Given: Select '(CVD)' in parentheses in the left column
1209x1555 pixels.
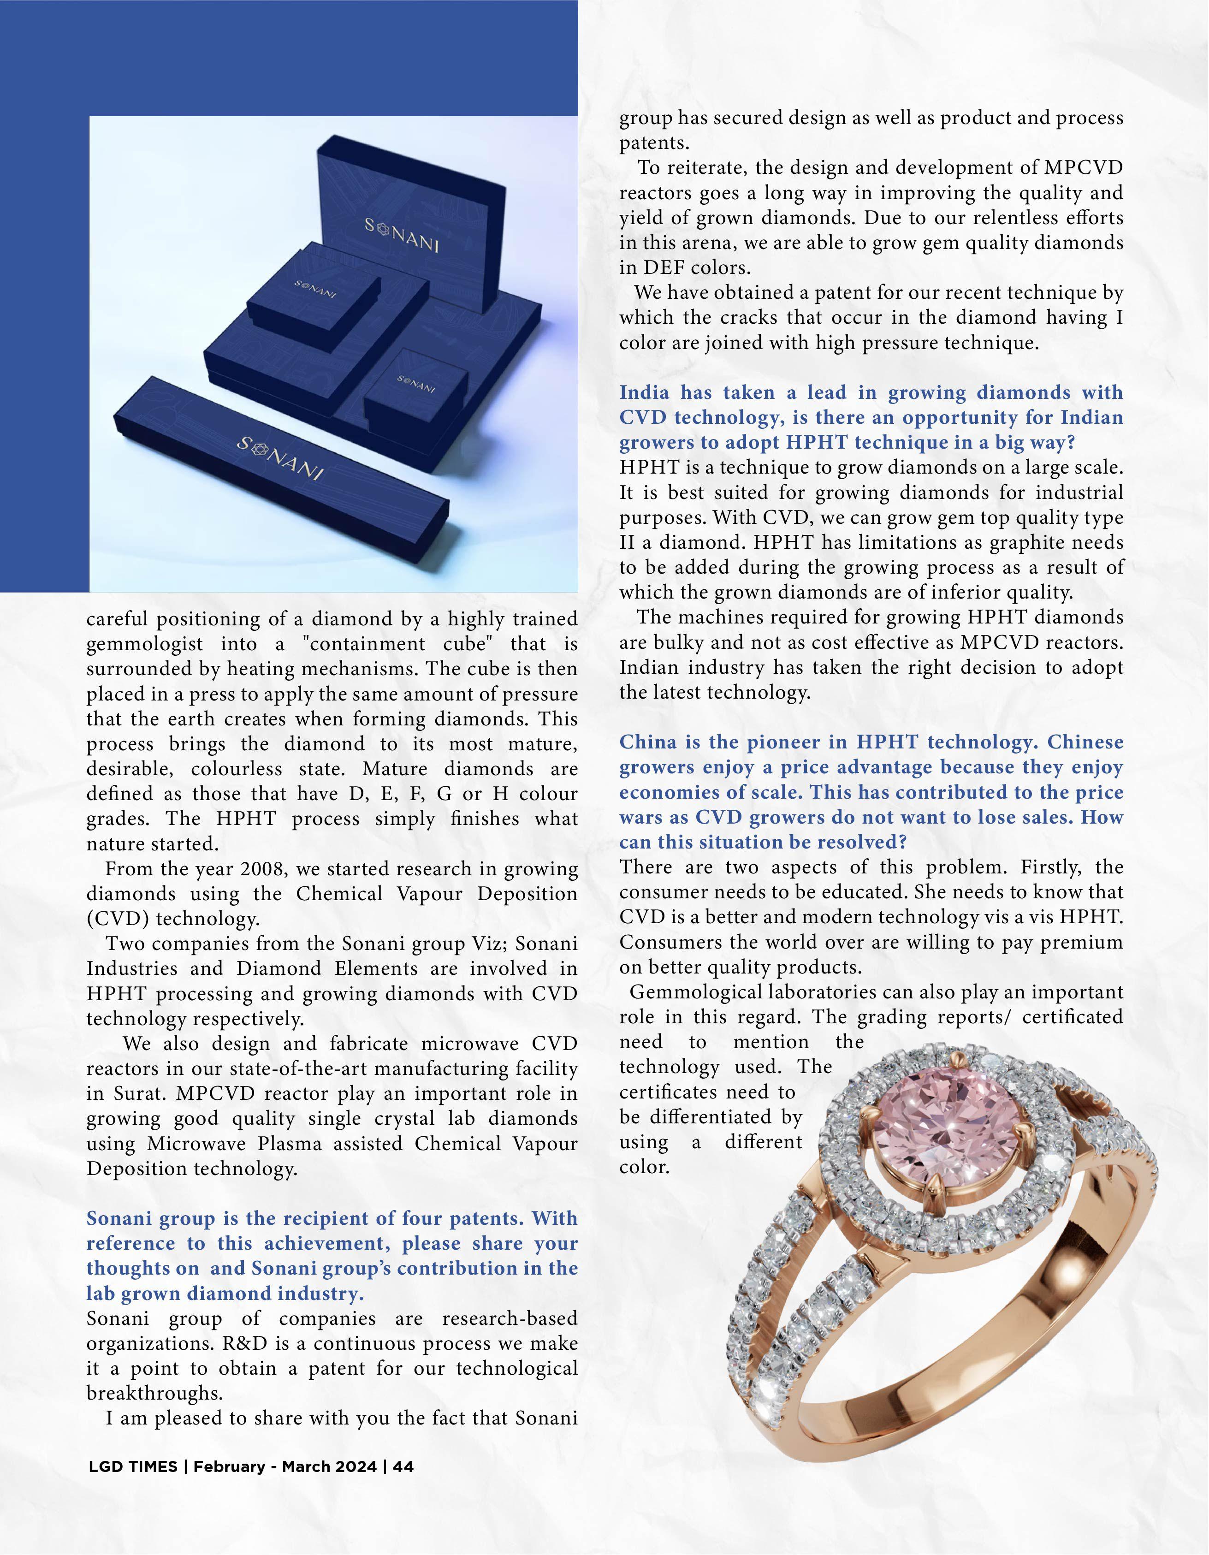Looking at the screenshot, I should (118, 919).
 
